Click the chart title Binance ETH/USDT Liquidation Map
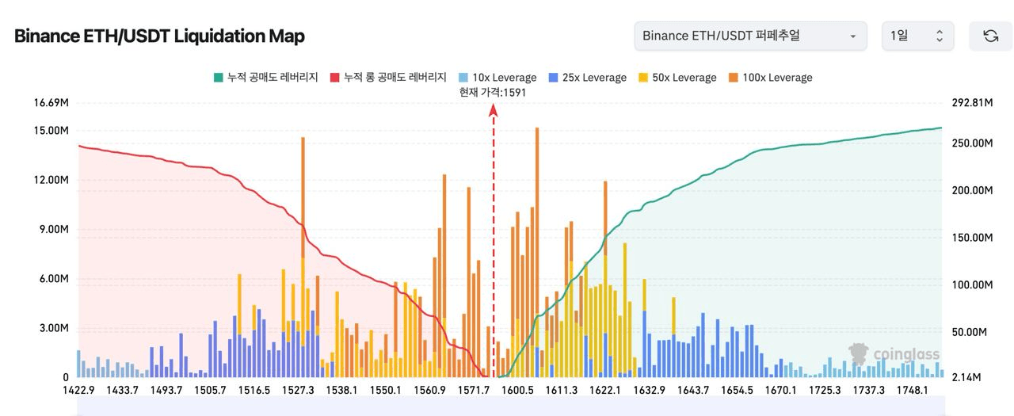(159, 36)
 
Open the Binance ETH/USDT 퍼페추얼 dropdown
(749, 36)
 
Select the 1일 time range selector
(917, 36)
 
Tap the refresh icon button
(990, 36)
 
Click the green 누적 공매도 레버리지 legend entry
(266, 78)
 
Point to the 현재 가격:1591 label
(493, 92)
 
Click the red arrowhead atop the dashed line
(493, 112)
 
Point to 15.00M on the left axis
(51, 131)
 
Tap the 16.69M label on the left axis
(51, 103)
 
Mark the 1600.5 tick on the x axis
(518, 390)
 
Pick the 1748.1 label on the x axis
(913, 390)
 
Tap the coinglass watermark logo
(894, 354)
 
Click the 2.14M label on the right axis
(966, 377)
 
